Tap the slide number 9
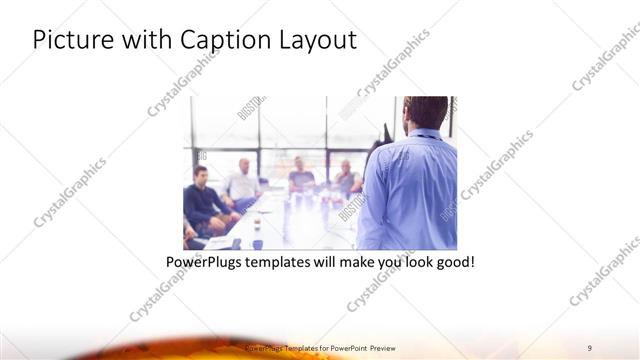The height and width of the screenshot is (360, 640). click(x=590, y=348)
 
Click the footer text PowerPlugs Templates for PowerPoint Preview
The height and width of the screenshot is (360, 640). click(x=320, y=348)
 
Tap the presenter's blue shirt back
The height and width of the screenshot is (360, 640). click(x=412, y=195)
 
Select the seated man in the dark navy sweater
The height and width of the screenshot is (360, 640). click(x=203, y=200)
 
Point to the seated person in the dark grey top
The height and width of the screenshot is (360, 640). click(x=301, y=178)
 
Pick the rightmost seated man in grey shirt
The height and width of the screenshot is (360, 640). click(x=347, y=180)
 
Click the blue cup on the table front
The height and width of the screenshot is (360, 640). click(x=257, y=243)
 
